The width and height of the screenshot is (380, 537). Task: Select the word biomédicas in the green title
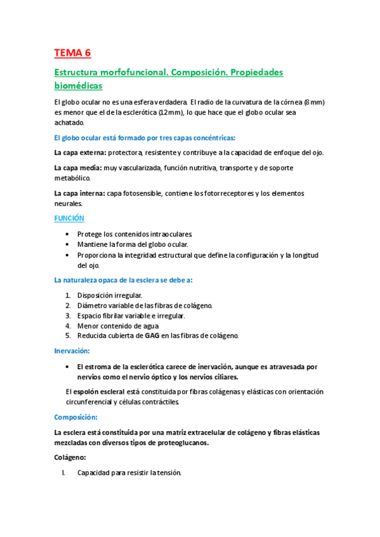point(78,85)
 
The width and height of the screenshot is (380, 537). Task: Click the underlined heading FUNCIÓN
point(69,218)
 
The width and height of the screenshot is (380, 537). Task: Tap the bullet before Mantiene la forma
point(69,244)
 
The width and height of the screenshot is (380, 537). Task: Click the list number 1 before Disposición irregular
point(69,294)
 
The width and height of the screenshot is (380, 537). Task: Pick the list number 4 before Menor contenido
point(69,325)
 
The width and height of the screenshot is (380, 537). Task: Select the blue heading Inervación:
point(72,350)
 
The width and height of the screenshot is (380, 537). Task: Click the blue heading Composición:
point(75,417)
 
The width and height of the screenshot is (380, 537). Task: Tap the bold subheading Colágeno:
point(70,457)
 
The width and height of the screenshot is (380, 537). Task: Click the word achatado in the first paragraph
point(70,122)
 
